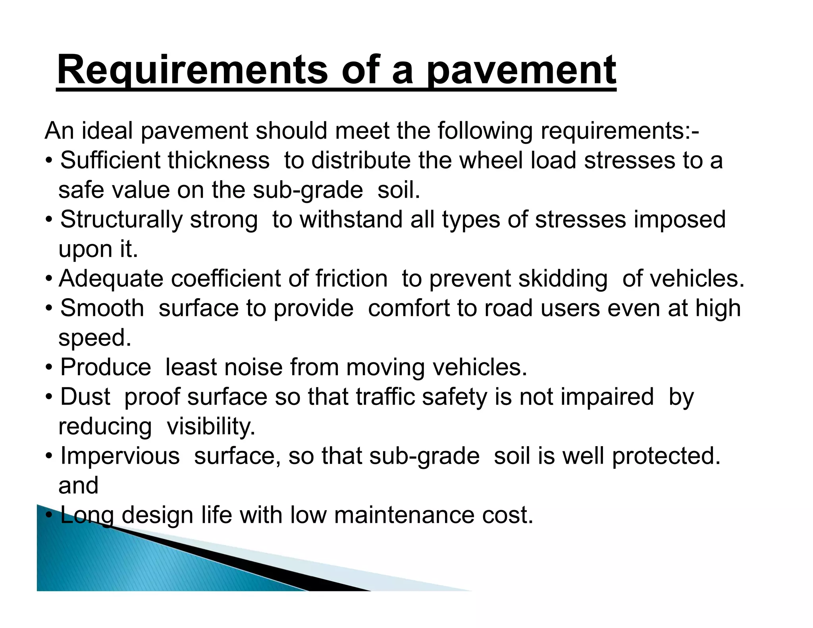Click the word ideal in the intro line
pyautogui.click(x=107, y=131)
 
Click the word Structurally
pyautogui.click(x=121, y=220)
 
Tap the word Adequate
pyautogui.click(x=111, y=279)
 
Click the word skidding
pyautogui.click(x=563, y=279)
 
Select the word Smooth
pyautogui.click(x=102, y=308)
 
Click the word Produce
pyautogui.click(x=106, y=367)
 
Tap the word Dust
pyautogui.click(x=85, y=397)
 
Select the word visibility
pyautogui.click(x=211, y=427)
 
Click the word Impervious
pyautogui.click(x=120, y=456)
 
